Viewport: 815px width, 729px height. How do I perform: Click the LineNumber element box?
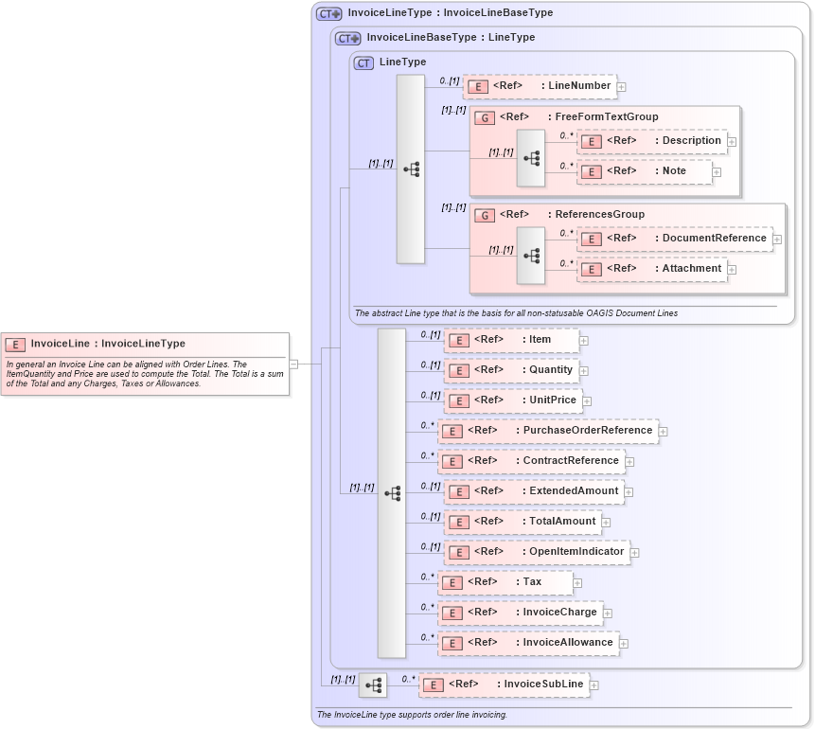pyautogui.click(x=540, y=86)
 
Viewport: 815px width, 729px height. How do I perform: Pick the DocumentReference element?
pyautogui.click(x=674, y=239)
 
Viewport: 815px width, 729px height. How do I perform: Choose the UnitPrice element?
pyautogui.click(x=512, y=400)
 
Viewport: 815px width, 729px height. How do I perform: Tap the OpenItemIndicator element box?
pyautogui.click(x=536, y=552)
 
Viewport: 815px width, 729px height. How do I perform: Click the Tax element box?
pyautogui.click(x=505, y=582)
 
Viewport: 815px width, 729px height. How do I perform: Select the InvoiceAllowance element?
pyautogui.click(x=527, y=643)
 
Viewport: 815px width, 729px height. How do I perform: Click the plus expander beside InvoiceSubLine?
pyautogui.click(x=594, y=685)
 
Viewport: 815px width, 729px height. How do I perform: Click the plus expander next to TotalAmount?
pyautogui.click(x=607, y=522)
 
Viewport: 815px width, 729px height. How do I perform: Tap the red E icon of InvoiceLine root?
pyautogui.click(x=15, y=345)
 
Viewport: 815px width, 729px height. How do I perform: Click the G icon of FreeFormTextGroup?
pyautogui.click(x=485, y=117)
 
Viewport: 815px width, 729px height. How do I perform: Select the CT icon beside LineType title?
pyautogui.click(x=363, y=63)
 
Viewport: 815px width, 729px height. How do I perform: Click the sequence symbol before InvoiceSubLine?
pyautogui.click(x=373, y=685)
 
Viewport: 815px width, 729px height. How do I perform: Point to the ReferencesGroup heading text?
pyautogui.click(x=599, y=215)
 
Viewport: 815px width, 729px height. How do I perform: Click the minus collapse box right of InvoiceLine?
pyautogui.click(x=293, y=363)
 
